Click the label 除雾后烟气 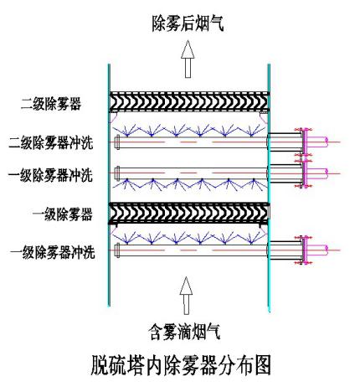[x=188, y=23]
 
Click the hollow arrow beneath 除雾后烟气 [x=188, y=59]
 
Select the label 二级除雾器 [x=51, y=104]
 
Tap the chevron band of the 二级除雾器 [x=189, y=102]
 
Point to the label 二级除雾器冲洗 [x=51, y=142]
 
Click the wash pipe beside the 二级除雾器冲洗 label [x=192, y=142]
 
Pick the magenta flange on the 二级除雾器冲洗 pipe [x=305, y=142]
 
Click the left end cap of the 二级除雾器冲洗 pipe [x=117, y=142]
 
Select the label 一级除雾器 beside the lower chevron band [x=63, y=214]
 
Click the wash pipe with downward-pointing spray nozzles [x=192, y=173]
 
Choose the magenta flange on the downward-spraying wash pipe [x=305, y=173]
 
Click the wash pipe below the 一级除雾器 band [x=192, y=250]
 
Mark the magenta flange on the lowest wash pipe [x=305, y=250]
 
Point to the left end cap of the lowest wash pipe [x=117, y=250]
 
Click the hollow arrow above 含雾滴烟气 [x=186, y=296]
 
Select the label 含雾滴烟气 [x=185, y=332]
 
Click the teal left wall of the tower [x=109, y=185]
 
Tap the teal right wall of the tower [x=269, y=188]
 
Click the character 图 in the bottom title [x=261, y=365]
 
